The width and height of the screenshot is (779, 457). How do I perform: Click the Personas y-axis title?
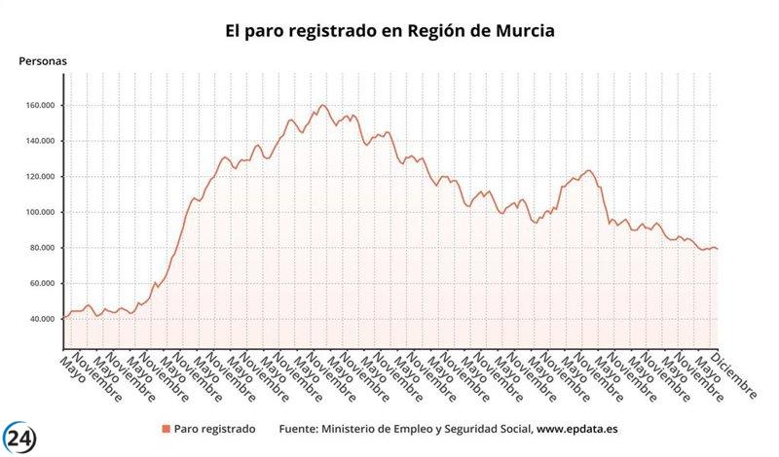pyautogui.click(x=43, y=61)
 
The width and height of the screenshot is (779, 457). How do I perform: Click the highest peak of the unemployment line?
pyautogui.click(x=322, y=105)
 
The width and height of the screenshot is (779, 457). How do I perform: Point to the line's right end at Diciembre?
pyautogui.click(x=718, y=249)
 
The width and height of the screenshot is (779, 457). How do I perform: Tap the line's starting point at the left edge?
pyautogui.click(x=62, y=318)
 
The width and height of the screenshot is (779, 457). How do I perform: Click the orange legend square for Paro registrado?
pyautogui.click(x=166, y=429)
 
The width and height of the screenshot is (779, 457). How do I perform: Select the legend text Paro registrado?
pyautogui.click(x=214, y=429)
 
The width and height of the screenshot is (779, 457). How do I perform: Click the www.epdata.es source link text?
pyautogui.click(x=578, y=429)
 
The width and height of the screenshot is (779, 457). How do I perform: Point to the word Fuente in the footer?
pyautogui.click(x=300, y=429)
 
